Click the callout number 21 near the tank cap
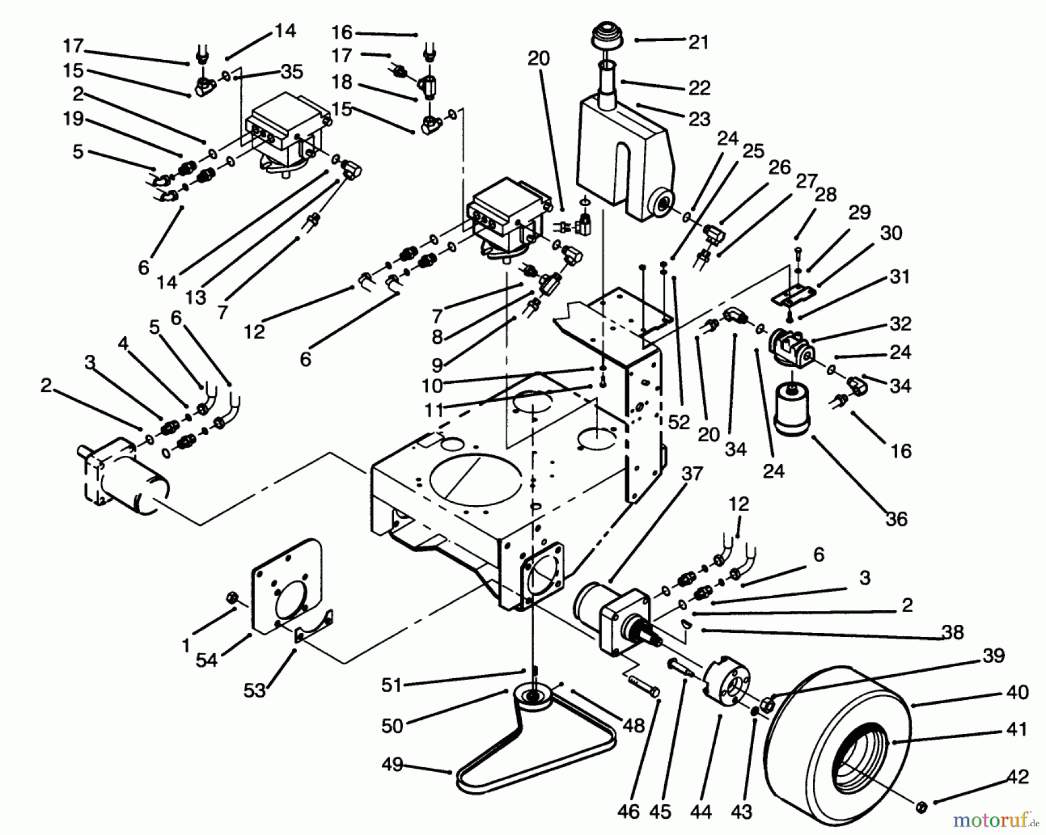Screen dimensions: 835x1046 [x=699, y=42]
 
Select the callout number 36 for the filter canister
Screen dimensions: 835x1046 [x=895, y=519]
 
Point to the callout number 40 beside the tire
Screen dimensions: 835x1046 [x=1016, y=692]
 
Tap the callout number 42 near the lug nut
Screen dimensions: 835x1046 [x=1017, y=777]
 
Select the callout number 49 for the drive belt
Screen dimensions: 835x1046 [x=392, y=765]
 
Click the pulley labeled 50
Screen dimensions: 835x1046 [x=533, y=697]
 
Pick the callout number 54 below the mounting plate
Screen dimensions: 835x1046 [x=206, y=660]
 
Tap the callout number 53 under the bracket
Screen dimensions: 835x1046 [x=255, y=690]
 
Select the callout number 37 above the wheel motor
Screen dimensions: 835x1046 [x=692, y=474]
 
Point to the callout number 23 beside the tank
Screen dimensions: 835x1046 [x=699, y=119]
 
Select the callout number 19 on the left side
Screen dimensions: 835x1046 [x=74, y=118]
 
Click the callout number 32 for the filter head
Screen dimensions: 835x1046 [x=900, y=323]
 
